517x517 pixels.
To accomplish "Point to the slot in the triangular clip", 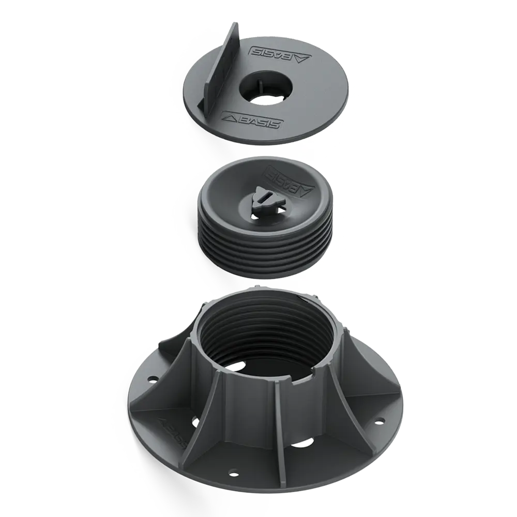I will pos(264,195).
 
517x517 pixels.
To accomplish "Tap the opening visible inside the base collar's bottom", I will pos(241,367).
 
